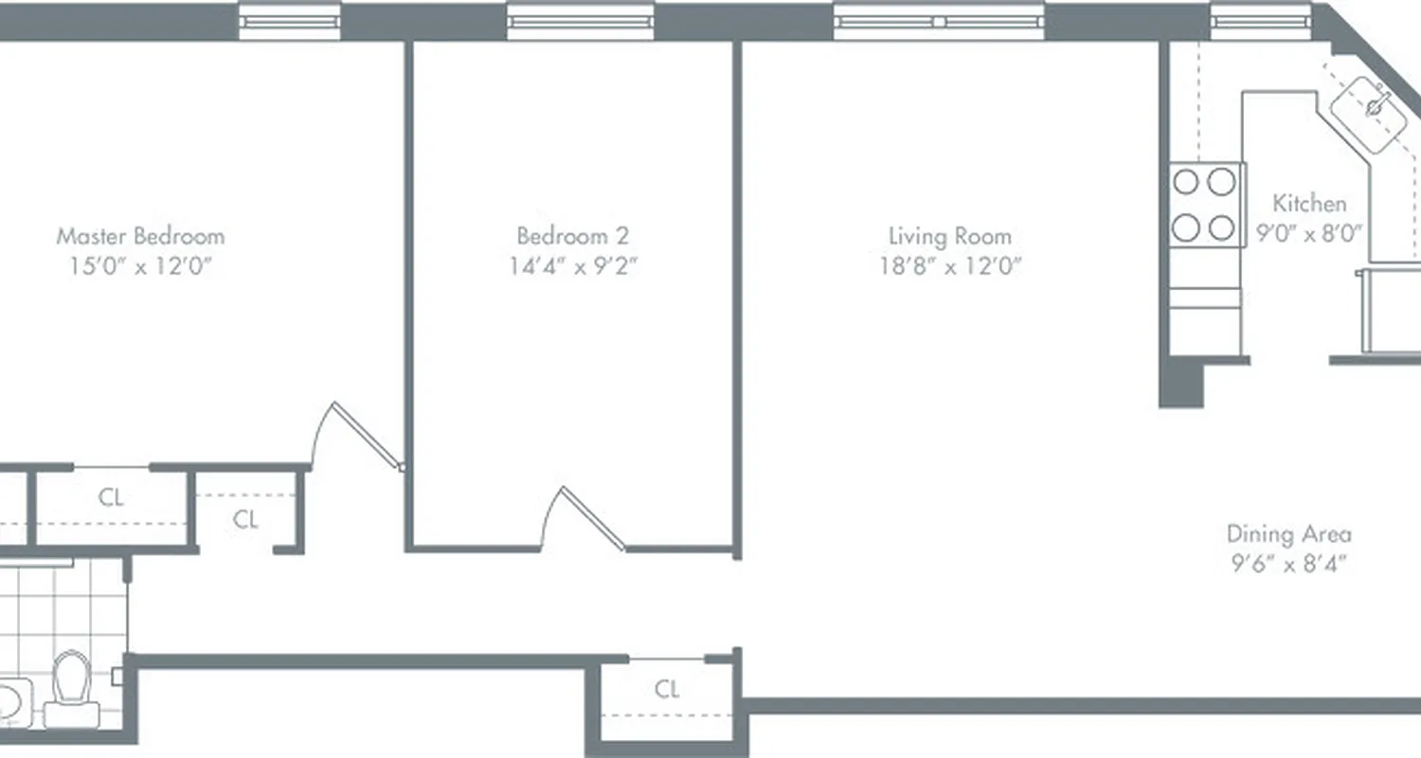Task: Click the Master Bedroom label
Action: tap(140, 236)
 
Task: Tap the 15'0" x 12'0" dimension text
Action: tap(140, 266)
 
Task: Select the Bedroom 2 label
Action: tap(572, 236)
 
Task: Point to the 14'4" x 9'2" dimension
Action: tap(572, 266)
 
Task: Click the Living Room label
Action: tap(949, 236)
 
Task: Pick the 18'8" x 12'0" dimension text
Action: tap(949, 266)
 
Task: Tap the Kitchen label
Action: tap(1308, 203)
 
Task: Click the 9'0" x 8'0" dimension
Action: tap(1308, 233)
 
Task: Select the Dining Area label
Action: tap(1288, 533)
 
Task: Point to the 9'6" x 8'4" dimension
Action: tap(1288, 565)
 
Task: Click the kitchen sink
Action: tap(1373, 109)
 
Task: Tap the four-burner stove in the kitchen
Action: tap(1205, 204)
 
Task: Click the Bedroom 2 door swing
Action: tap(583, 519)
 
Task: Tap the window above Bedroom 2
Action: tap(580, 21)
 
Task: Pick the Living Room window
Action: tap(938, 21)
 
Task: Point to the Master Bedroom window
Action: tap(289, 21)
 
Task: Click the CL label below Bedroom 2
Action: tap(667, 689)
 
